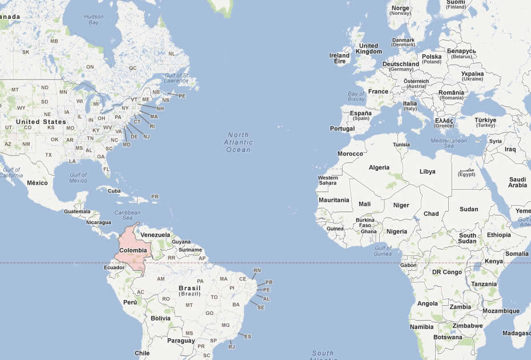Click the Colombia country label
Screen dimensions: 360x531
[133, 250]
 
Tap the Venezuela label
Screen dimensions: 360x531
[155, 235]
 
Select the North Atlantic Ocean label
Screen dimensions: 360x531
[238, 142]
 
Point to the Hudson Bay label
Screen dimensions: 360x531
[94, 20]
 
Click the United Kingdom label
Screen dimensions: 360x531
[368, 49]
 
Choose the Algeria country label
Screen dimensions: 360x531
[379, 167]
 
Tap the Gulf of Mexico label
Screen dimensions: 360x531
[78, 178]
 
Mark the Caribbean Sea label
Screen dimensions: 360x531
[127, 215]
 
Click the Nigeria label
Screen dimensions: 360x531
[397, 231]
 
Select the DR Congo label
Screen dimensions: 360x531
[447, 272]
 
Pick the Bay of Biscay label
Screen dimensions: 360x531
[356, 97]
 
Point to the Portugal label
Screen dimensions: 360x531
[342, 129]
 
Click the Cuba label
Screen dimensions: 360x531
[114, 191]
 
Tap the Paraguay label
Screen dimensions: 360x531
[181, 341]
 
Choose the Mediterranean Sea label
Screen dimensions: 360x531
[449, 143]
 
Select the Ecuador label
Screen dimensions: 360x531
[114, 267]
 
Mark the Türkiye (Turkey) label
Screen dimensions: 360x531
[485, 123]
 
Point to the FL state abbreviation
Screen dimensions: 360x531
[106, 169]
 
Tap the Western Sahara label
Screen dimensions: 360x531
[328, 180]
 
